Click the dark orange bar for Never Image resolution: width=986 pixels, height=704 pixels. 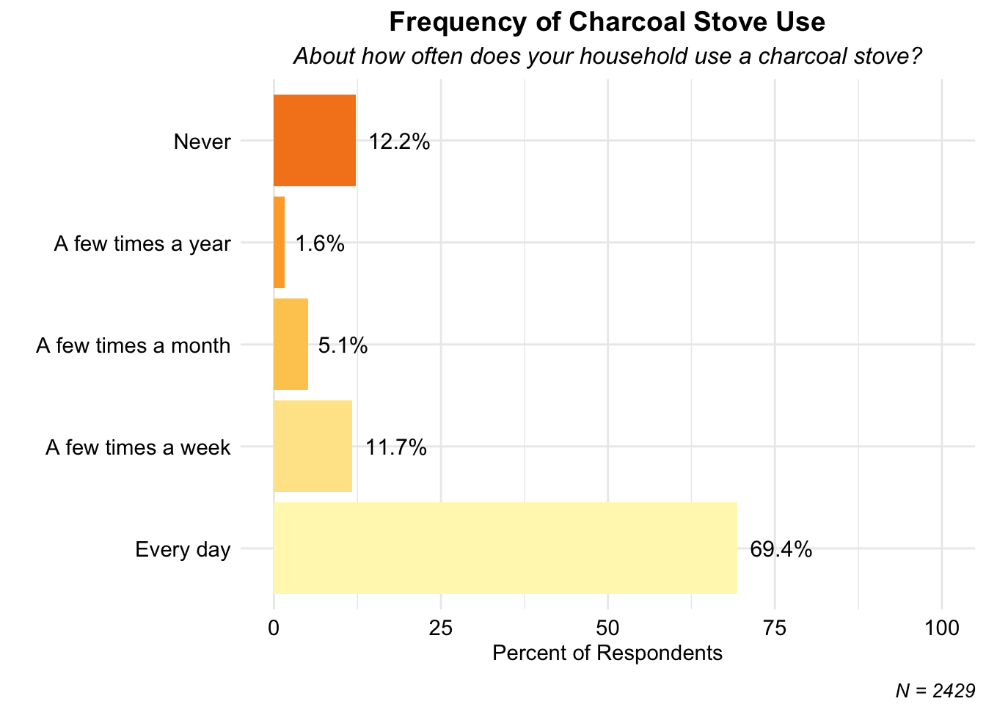(x=314, y=140)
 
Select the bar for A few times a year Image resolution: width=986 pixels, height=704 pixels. (x=279, y=243)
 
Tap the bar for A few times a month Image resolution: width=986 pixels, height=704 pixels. (x=291, y=344)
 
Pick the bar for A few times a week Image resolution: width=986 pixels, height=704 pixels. (x=313, y=446)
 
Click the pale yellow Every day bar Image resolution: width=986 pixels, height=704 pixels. (x=505, y=549)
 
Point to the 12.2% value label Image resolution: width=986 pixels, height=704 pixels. (x=399, y=142)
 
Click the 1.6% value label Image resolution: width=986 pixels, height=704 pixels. (x=320, y=243)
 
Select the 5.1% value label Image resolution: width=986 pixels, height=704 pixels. (x=343, y=345)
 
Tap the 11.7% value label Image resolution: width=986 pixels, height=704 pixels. (x=396, y=447)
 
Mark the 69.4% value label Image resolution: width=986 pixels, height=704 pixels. (x=781, y=549)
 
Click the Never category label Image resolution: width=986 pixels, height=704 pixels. (x=202, y=142)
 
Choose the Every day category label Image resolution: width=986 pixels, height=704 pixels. (x=183, y=550)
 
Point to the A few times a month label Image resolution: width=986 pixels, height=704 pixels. (x=134, y=345)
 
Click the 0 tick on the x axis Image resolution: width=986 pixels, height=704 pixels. (x=274, y=628)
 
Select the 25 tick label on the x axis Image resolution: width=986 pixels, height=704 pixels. (x=441, y=628)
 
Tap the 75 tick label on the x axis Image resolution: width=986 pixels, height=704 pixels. (x=775, y=628)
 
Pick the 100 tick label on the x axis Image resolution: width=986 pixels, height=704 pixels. (x=942, y=628)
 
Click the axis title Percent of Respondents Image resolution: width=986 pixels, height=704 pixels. (x=607, y=653)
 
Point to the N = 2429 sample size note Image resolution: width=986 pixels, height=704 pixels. (x=935, y=691)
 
